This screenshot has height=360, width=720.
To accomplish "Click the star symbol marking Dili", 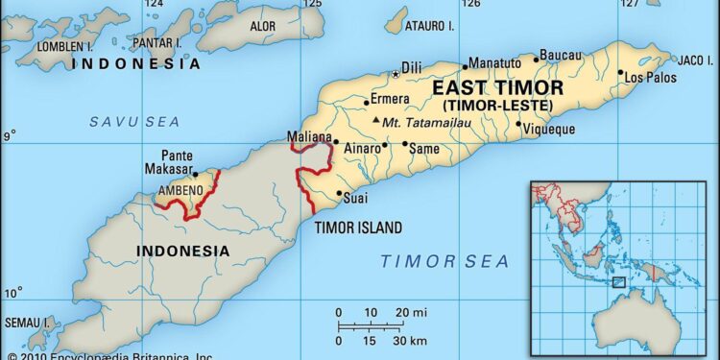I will [395, 74].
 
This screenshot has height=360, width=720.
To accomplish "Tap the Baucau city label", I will [561, 55].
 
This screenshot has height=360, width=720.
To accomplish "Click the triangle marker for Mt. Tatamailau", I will [375, 122].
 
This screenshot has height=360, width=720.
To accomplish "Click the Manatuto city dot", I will [464, 67].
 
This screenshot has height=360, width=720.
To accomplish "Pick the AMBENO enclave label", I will [180, 190].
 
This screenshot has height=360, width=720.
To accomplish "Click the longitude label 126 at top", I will [470, 5].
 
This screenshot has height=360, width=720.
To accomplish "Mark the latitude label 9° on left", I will [8, 137].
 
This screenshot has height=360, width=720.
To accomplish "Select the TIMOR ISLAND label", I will [358, 228].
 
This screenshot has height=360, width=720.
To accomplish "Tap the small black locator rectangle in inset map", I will [620, 281].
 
